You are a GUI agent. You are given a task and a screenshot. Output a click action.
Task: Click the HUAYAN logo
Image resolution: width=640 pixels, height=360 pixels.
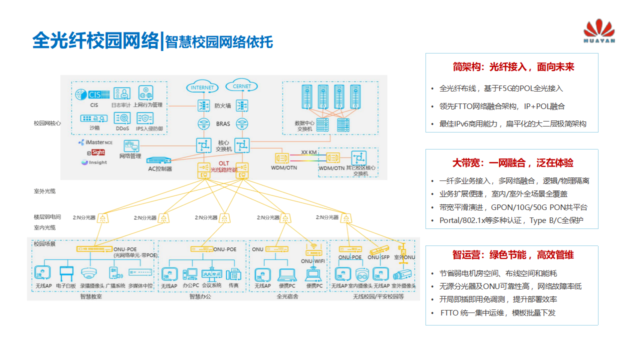(x=599, y=31)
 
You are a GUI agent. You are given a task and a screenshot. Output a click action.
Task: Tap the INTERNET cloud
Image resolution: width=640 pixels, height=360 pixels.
(x=202, y=87)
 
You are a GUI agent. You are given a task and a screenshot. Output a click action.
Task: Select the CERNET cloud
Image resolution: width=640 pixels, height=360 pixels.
(x=242, y=86)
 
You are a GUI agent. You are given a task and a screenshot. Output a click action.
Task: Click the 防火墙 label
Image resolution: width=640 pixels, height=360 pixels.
(x=222, y=105)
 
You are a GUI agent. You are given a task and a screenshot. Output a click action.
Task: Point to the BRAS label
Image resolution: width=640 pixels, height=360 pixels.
(x=223, y=123)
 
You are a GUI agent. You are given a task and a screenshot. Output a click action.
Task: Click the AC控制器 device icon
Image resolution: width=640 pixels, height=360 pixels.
(x=159, y=160)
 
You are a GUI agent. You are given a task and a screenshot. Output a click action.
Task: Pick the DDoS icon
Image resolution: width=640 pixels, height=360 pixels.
(x=122, y=118)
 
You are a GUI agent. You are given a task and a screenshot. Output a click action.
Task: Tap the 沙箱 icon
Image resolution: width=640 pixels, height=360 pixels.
(x=94, y=118)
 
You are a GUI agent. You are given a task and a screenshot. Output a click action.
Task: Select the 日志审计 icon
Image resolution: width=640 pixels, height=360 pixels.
(x=121, y=93)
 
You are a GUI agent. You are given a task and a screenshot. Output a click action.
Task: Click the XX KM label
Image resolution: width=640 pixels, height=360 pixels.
(x=308, y=152)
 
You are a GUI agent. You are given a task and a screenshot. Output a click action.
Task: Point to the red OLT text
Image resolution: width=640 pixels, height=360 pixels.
(x=223, y=164)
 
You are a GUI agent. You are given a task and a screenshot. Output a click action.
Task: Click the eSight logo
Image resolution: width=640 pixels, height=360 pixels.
(x=95, y=152)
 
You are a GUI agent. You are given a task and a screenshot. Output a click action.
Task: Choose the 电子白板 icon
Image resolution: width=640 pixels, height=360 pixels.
(x=66, y=273)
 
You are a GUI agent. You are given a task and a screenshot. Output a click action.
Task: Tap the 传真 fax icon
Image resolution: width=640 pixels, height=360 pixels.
(x=233, y=274)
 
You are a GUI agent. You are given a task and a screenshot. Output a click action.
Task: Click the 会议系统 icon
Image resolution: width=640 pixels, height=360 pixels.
(x=211, y=273)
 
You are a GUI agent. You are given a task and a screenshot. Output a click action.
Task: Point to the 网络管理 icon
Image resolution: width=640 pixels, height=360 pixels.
(x=131, y=146)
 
